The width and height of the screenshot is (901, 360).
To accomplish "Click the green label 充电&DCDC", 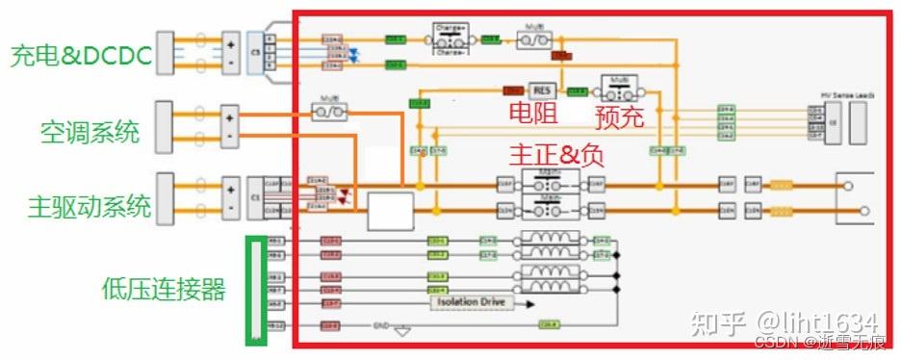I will (81, 56).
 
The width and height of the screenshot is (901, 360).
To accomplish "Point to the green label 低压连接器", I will (164, 289).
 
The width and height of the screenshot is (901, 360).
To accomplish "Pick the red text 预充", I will (619, 117).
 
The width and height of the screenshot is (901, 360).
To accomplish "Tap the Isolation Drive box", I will (470, 302).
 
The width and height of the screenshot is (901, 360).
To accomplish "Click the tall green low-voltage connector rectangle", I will (255, 290).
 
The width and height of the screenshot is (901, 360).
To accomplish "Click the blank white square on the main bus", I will (391, 210).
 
